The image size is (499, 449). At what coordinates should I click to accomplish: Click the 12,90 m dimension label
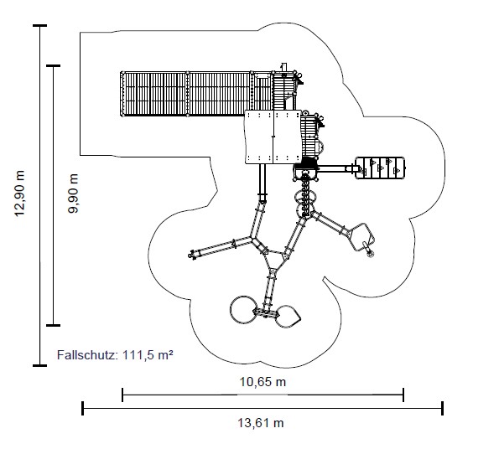[19, 194]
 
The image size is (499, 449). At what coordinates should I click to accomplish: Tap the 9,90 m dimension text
[73, 194]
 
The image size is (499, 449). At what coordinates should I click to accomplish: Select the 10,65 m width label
[262, 382]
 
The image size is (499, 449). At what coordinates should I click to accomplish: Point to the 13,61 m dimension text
[261, 423]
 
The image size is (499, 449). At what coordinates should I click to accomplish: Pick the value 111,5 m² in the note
[148, 354]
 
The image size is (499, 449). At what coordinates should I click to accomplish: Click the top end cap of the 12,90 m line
[39, 25]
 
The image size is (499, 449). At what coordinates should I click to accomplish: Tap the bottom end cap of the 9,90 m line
[53, 325]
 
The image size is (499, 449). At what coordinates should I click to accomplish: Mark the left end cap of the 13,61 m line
[83, 408]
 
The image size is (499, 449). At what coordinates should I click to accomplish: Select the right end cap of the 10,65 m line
[403, 395]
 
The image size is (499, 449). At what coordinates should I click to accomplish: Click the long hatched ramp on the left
[196, 94]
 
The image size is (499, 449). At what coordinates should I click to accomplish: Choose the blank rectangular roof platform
[273, 137]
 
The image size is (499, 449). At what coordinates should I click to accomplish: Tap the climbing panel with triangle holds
[380, 168]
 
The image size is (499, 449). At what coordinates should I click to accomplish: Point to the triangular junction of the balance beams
[274, 260]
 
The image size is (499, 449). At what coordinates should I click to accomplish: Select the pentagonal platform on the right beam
[361, 237]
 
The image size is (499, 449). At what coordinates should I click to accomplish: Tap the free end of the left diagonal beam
[191, 255]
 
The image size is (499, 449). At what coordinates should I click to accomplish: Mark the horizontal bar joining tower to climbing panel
[335, 168]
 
